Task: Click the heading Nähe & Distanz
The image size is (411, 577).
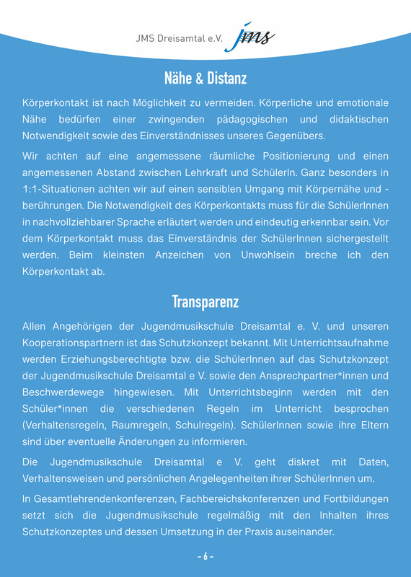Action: coord(205,77)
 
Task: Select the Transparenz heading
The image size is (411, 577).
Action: coord(205,301)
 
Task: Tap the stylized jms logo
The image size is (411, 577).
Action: coord(249,37)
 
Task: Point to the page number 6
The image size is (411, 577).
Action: coord(205,557)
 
